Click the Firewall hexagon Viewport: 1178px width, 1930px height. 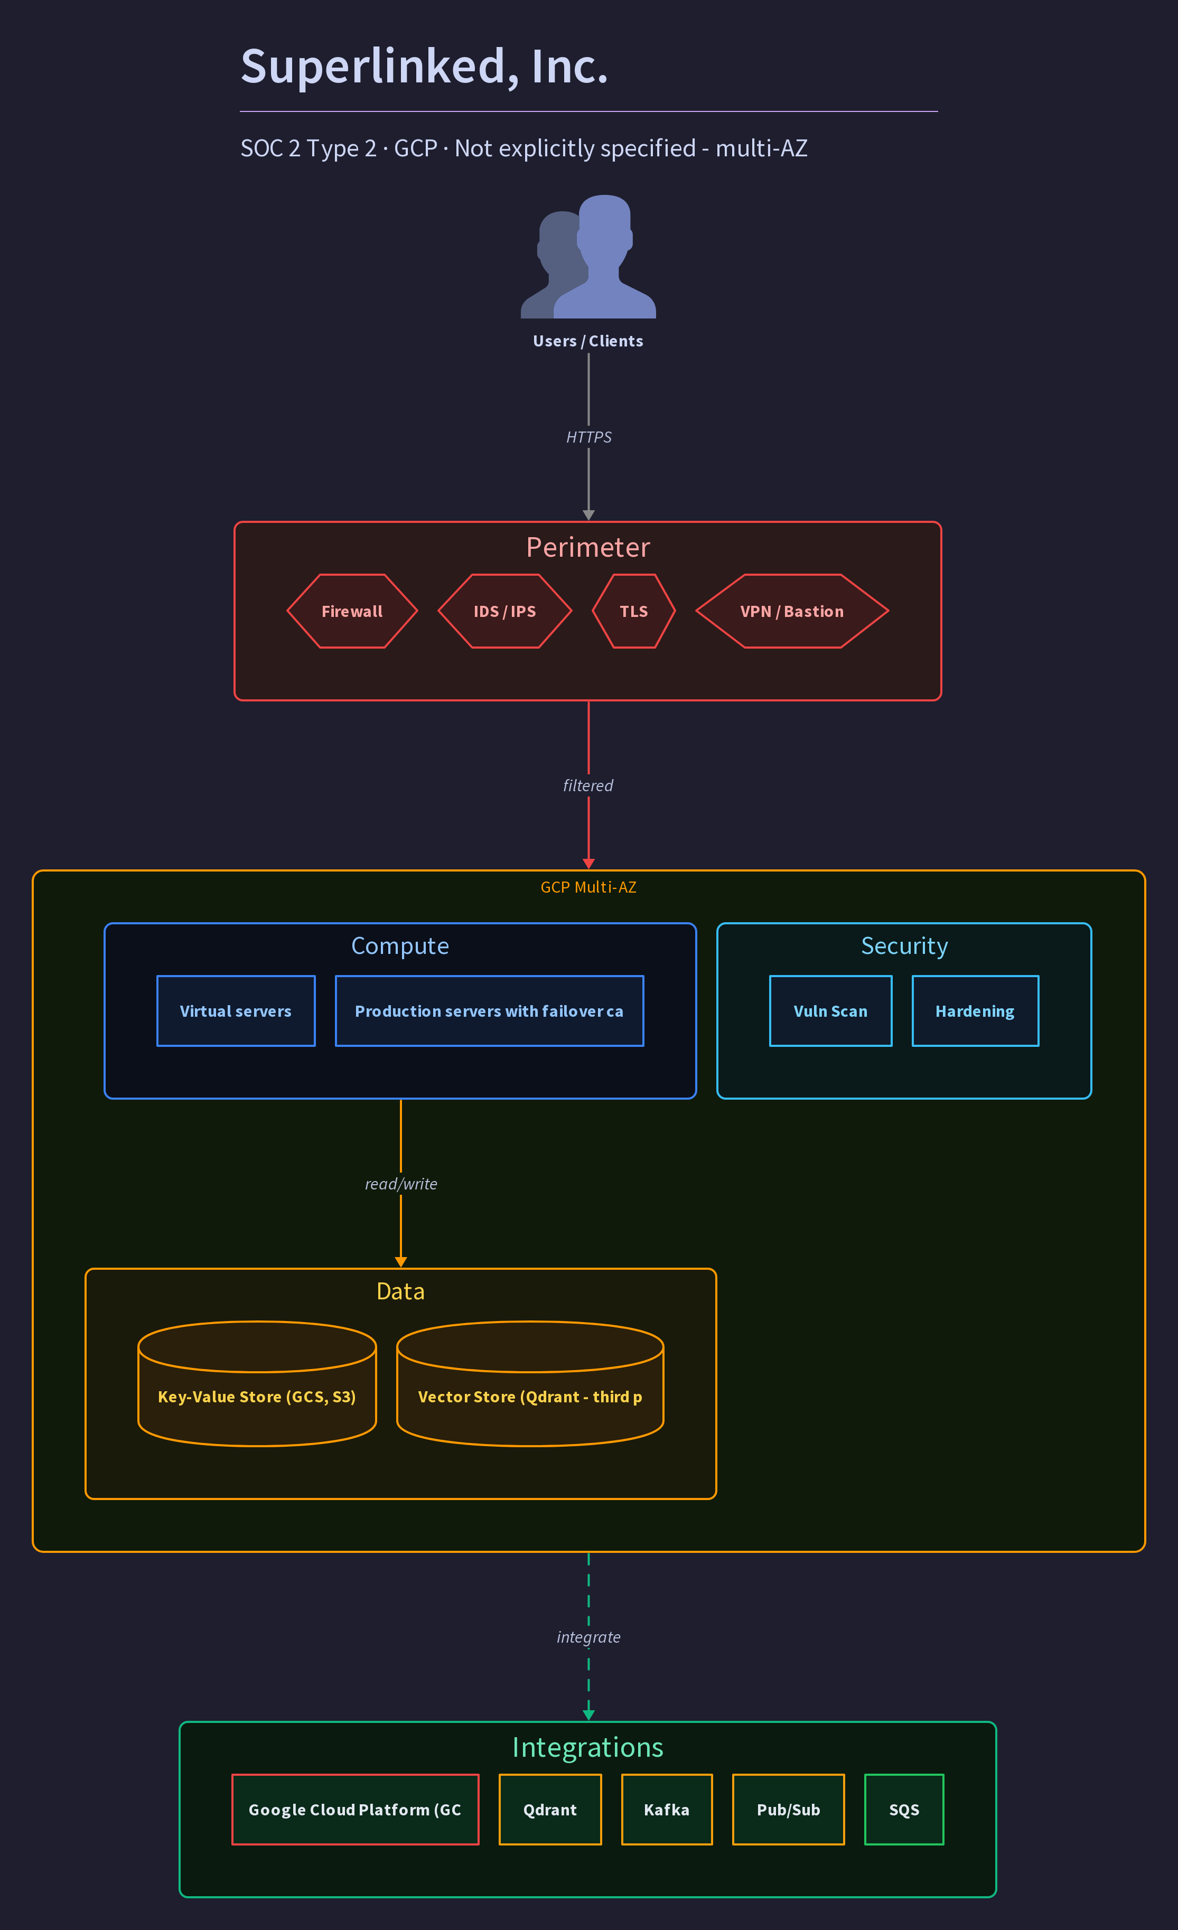[352, 611]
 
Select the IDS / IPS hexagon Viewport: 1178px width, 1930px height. [504, 611]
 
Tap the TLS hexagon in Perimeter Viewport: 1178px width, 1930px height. [634, 611]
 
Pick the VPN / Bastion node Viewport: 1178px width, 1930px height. [792, 611]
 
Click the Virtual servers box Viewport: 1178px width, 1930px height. [236, 1010]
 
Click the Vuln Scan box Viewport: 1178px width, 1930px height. [830, 1010]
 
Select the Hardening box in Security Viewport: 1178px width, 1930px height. [975, 1010]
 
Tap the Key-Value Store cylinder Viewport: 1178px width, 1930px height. [257, 1383]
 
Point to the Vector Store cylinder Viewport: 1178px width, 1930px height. [530, 1383]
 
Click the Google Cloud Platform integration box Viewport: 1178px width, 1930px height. [355, 1810]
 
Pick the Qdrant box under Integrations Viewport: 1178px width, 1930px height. [550, 1810]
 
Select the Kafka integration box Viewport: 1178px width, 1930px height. [667, 1810]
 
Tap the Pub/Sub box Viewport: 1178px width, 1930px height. [788, 1810]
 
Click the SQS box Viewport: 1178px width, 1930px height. [904, 1810]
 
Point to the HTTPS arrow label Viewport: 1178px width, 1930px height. [589, 437]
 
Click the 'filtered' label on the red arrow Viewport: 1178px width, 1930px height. [588, 785]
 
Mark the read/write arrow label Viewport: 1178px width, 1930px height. [401, 1184]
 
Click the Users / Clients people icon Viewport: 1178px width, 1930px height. [588, 256]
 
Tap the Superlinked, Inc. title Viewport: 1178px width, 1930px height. [424, 66]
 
